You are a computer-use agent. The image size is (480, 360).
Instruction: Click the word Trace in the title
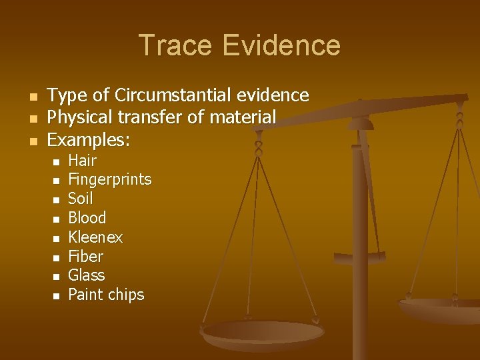(x=177, y=45)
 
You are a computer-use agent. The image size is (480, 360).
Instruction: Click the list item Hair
(x=83, y=161)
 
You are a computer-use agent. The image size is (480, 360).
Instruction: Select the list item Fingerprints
(x=110, y=180)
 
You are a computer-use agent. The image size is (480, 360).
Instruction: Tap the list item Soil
(x=81, y=199)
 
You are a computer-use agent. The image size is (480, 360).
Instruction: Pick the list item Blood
(x=87, y=218)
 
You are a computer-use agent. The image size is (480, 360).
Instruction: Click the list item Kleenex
(x=95, y=237)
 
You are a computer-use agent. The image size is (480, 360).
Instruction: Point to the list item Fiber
(x=86, y=257)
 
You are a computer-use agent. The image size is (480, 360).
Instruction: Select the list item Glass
(x=87, y=275)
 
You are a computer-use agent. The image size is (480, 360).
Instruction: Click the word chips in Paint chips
(x=127, y=295)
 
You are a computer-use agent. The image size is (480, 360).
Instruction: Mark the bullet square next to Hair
(x=57, y=162)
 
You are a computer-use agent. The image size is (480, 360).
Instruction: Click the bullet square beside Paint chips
(x=57, y=296)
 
